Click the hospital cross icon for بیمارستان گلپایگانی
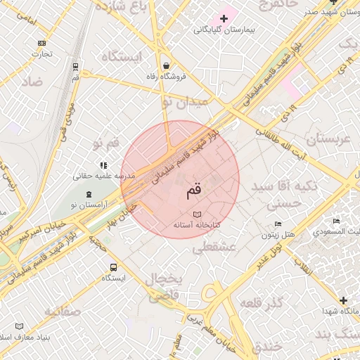(224, 18)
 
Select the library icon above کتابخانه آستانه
(197, 214)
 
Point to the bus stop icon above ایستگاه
(113, 267)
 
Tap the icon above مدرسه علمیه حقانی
(103, 165)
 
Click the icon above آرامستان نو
(89, 194)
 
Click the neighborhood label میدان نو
(186, 103)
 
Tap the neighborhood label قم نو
(106, 143)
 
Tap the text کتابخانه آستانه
(197, 225)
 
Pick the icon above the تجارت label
(41, 43)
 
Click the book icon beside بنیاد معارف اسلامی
(19, 326)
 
